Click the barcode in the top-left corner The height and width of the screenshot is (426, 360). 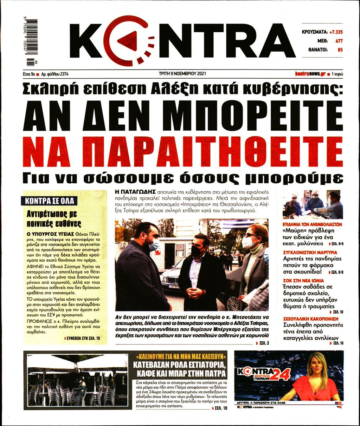click(x=31, y=42)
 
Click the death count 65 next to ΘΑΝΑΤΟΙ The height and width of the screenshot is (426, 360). click(x=340, y=50)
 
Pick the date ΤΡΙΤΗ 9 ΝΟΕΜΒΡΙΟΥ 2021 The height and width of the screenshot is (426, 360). click(x=182, y=74)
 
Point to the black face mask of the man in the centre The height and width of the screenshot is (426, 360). click(x=196, y=251)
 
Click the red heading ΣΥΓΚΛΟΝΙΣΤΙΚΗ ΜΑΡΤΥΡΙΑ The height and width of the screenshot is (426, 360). click(x=310, y=252)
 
